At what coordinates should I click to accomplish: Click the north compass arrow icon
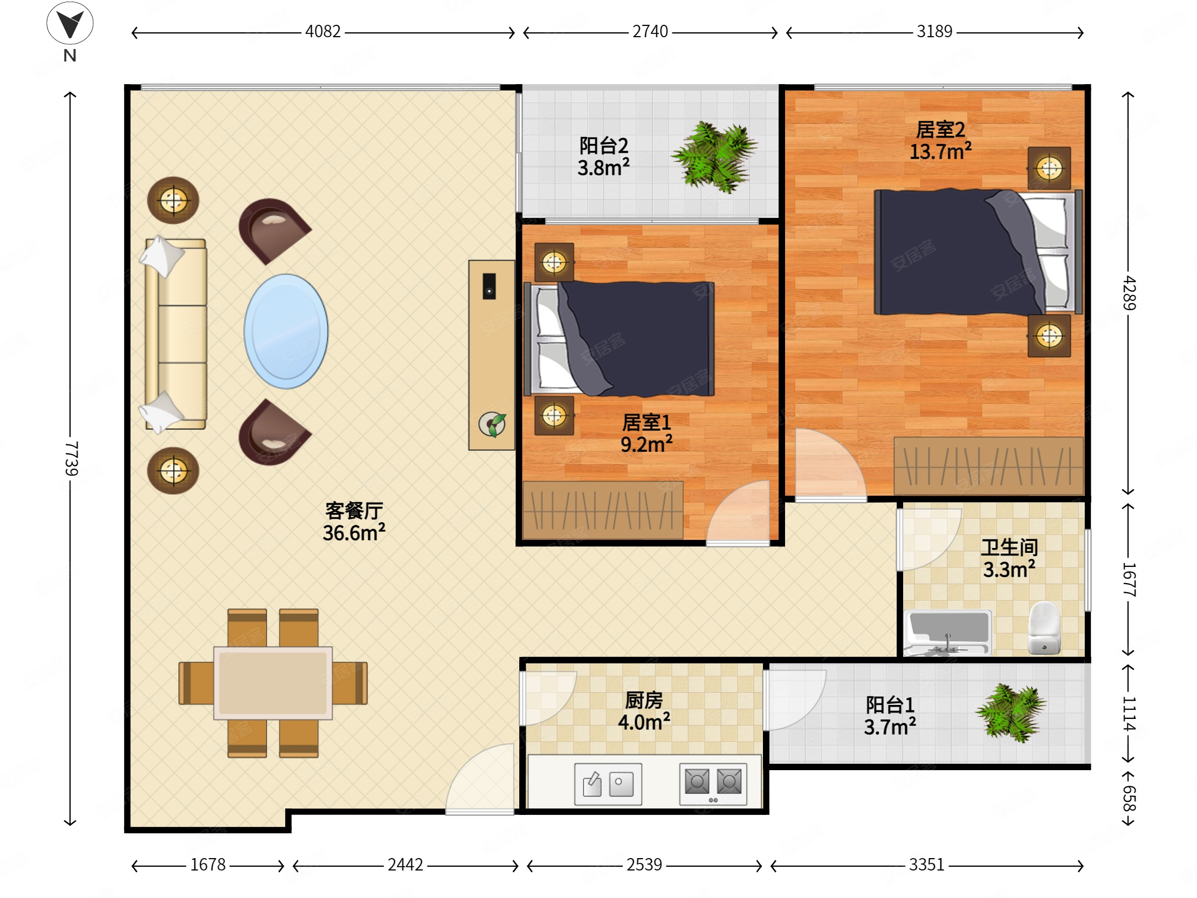[70, 23]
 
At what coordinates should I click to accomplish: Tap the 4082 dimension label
[323, 31]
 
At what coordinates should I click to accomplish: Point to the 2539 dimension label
[644, 865]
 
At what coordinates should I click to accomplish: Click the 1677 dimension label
[1129, 580]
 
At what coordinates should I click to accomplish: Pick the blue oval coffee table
[286, 331]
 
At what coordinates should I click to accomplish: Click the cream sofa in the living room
[174, 334]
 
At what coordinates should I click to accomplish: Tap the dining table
[273, 683]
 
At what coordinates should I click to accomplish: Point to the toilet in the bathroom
[1044, 628]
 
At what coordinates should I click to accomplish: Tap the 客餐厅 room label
[354, 510]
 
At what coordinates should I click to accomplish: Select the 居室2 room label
[940, 130]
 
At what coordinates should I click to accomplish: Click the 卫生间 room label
[1010, 548]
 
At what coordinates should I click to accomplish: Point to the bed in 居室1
[619, 339]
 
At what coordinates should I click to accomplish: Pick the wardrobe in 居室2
[989, 466]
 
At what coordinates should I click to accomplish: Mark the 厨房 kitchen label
[644, 701]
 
